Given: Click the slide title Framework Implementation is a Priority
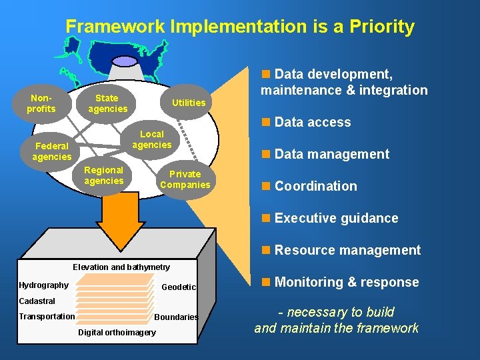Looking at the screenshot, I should click(x=240, y=27).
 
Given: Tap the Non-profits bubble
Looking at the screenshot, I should click(x=41, y=103).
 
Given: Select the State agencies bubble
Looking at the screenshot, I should click(x=107, y=103).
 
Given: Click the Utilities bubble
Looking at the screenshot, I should click(x=189, y=103).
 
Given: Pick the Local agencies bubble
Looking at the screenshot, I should click(x=151, y=139).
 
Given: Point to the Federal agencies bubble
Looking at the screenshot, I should click(x=52, y=151).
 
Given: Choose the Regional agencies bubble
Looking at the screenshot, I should click(x=104, y=175).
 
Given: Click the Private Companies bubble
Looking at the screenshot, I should click(x=185, y=179).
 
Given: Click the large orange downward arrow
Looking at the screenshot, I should click(x=120, y=220).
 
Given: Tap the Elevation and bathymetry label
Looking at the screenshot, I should click(x=121, y=267).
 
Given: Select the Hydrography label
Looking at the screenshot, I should click(x=44, y=285).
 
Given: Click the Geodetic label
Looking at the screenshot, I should click(x=179, y=287).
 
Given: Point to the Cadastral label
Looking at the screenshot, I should click(x=37, y=301).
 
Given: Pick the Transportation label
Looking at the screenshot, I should click(x=47, y=316).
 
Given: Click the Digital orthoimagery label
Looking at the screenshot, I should click(x=117, y=332).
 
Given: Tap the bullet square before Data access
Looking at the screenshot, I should click(x=266, y=122).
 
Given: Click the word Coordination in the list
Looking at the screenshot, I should click(x=315, y=186).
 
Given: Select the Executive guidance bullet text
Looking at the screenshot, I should click(x=336, y=218).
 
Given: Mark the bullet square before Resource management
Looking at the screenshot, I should click(x=266, y=250).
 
